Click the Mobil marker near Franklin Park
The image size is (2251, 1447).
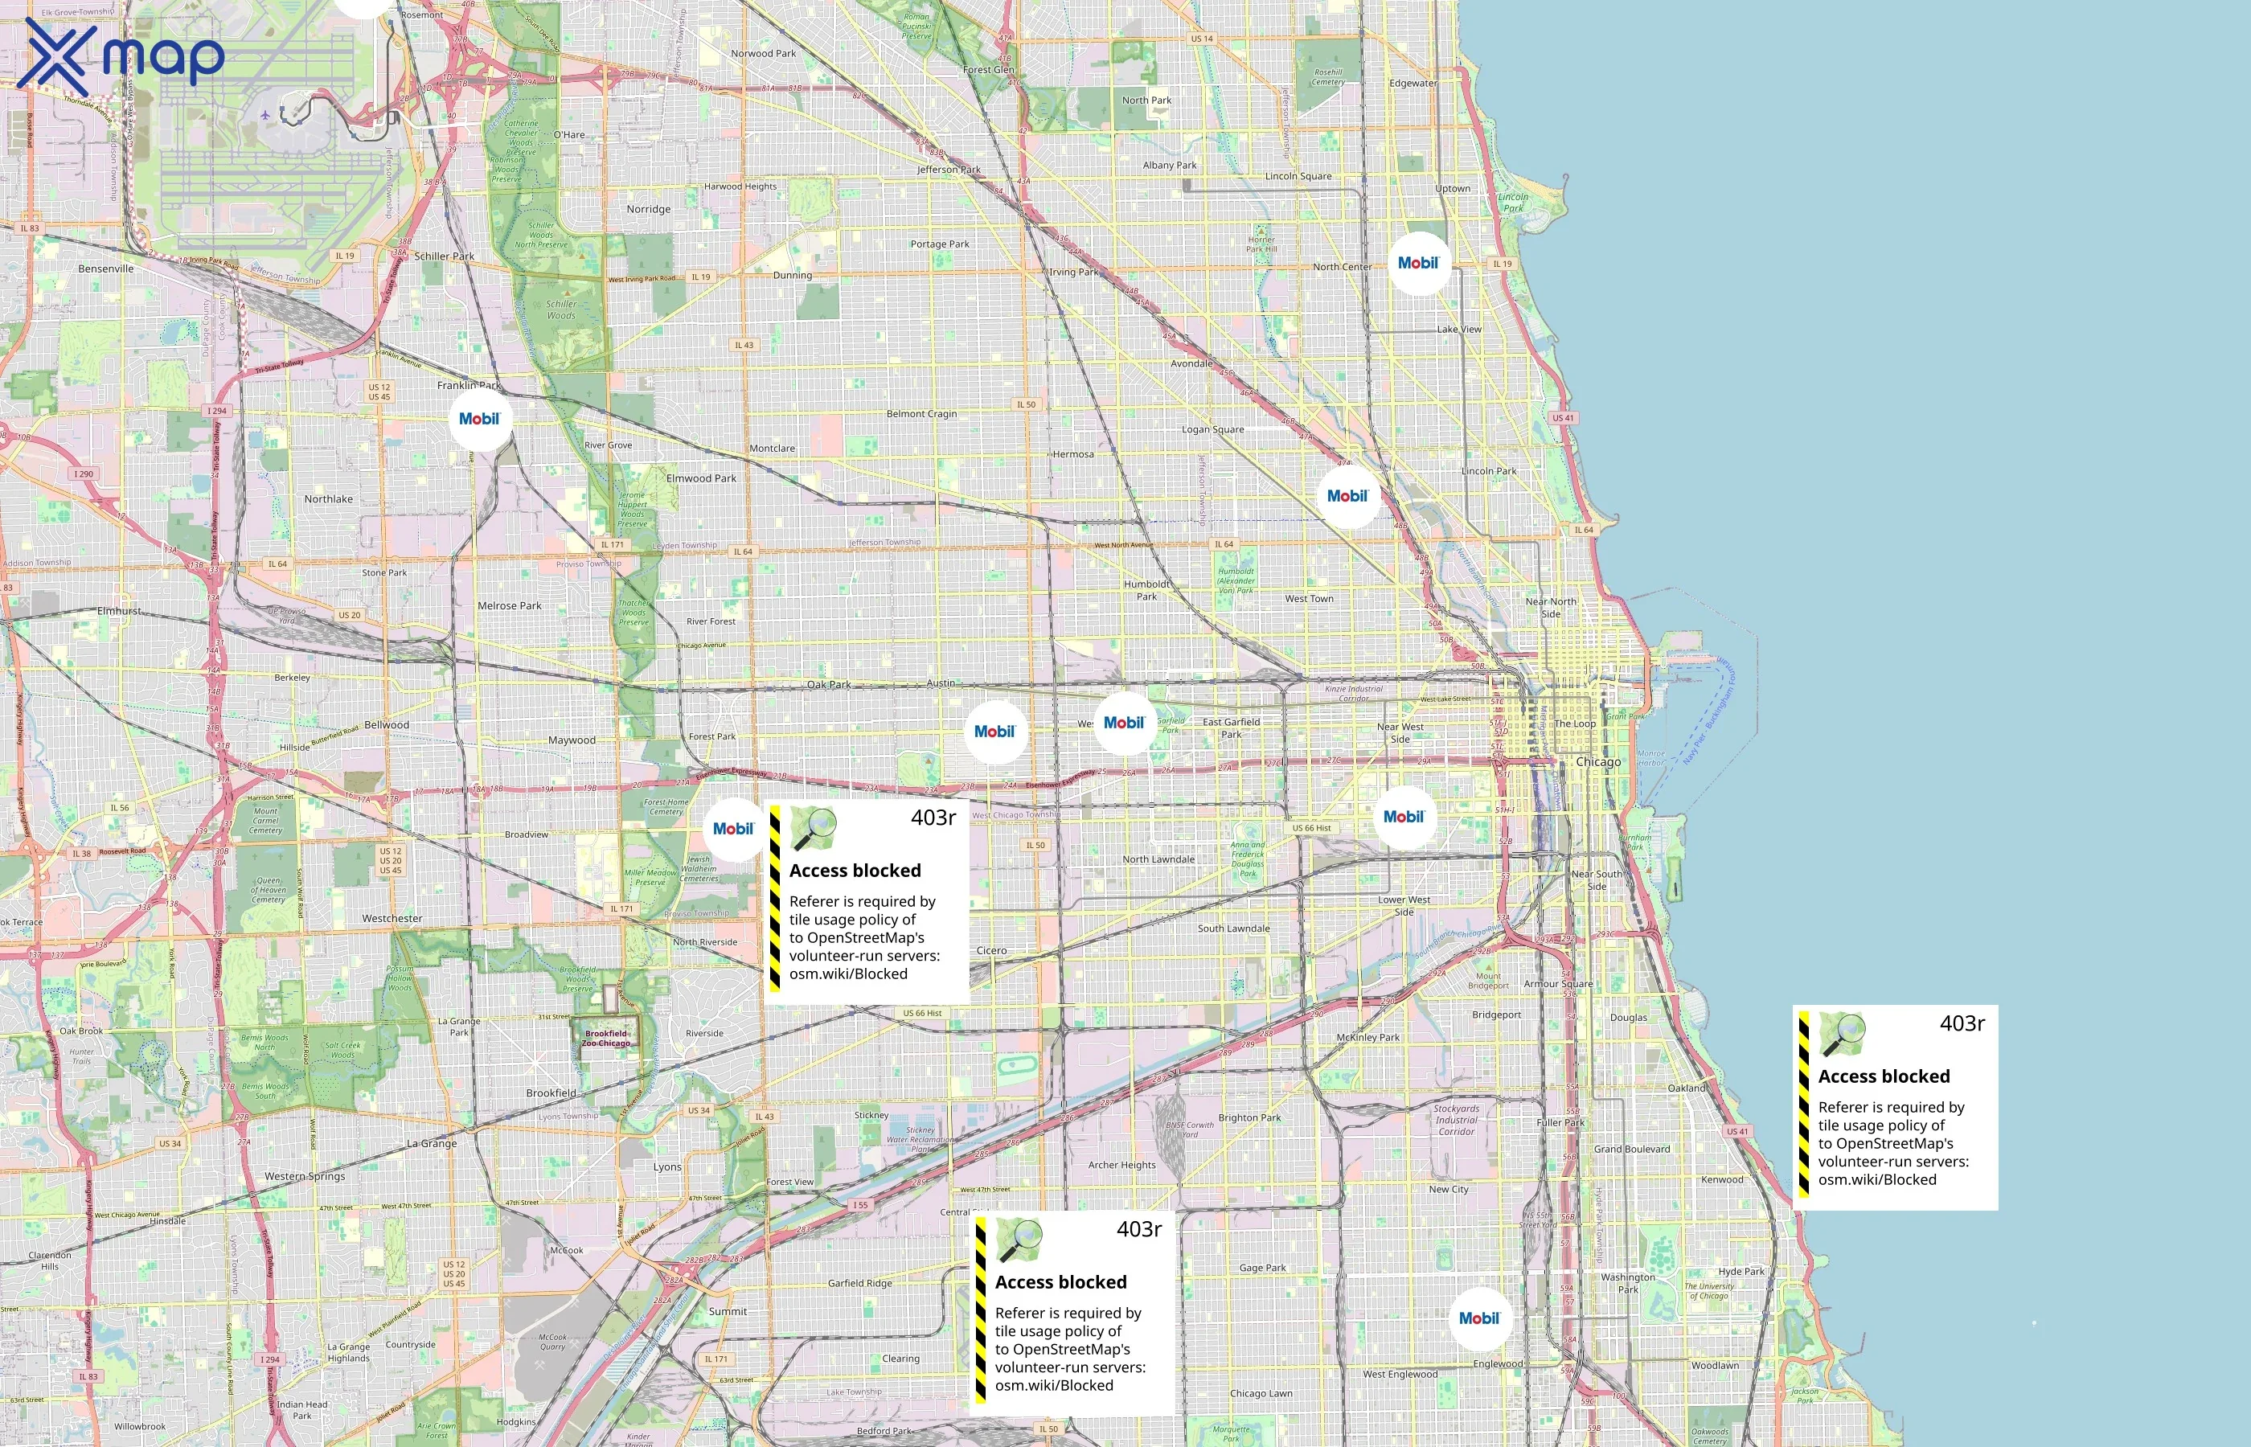click(480, 419)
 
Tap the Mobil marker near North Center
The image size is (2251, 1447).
click(1417, 263)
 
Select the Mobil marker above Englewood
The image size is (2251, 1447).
click(1478, 1318)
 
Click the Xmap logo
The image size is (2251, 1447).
click(121, 56)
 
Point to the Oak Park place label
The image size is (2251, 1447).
click(828, 684)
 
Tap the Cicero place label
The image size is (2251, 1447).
click(991, 950)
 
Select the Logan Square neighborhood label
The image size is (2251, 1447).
click(1212, 429)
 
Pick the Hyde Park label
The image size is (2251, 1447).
click(1741, 1271)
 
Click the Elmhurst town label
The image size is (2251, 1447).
click(119, 611)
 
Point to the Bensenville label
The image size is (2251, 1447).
click(106, 268)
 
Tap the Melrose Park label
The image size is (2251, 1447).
click(509, 606)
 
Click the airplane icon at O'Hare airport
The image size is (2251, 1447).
click(266, 116)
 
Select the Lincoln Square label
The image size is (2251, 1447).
click(1298, 177)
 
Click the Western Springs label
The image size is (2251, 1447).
click(305, 1176)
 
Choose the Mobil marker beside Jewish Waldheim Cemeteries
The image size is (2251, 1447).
click(733, 829)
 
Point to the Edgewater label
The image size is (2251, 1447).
click(1412, 84)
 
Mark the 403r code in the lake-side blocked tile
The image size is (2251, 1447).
click(1962, 1023)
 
